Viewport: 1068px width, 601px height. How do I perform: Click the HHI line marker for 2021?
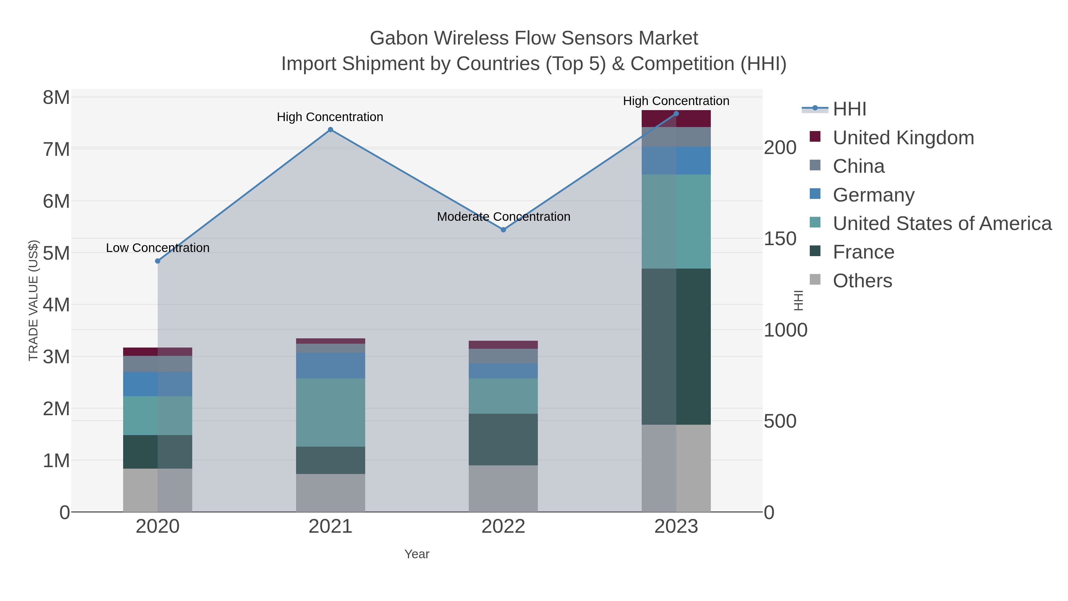[x=330, y=130]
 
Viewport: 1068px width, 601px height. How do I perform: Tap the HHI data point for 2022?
[x=503, y=230]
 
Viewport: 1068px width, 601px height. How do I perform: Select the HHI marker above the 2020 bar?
[x=158, y=261]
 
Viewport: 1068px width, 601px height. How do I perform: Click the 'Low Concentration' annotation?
[x=158, y=248]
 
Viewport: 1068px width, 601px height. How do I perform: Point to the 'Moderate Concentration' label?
[x=503, y=217]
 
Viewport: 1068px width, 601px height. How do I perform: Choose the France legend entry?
[x=863, y=252]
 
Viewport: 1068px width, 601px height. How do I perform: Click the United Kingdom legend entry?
[x=903, y=138]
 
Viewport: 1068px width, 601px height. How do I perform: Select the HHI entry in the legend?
[x=849, y=109]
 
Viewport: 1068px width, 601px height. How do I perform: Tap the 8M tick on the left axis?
[x=56, y=98]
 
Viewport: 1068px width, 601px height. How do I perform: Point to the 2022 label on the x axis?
[x=503, y=527]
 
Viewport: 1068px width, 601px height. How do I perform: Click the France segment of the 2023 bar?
[x=676, y=346]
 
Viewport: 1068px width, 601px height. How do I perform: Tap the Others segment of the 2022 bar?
[x=503, y=488]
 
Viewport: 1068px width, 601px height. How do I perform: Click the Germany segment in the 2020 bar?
[x=158, y=384]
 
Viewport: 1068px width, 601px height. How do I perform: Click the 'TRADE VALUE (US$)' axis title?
[x=33, y=300]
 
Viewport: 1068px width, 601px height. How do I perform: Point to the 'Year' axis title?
[x=417, y=554]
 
